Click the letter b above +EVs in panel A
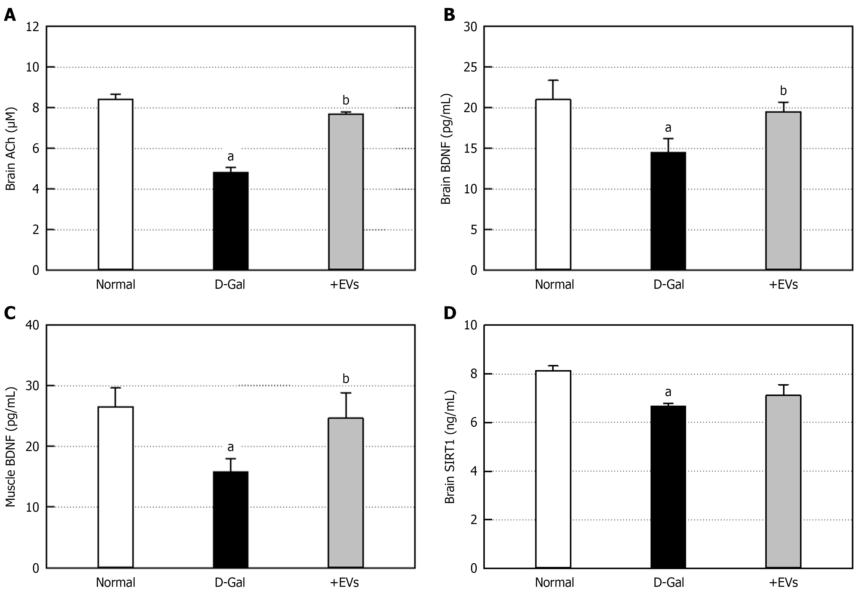point(346,100)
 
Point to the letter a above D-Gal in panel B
point(668,128)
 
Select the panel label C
point(10,313)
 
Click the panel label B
point(449,15)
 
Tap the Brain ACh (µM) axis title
point(11,149)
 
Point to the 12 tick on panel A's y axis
point(33,27)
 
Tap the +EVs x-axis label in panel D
point(783,582)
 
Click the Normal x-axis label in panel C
point(115,582)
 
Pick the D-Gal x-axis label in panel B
point(668,285)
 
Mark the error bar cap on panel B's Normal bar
point(553,80)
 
